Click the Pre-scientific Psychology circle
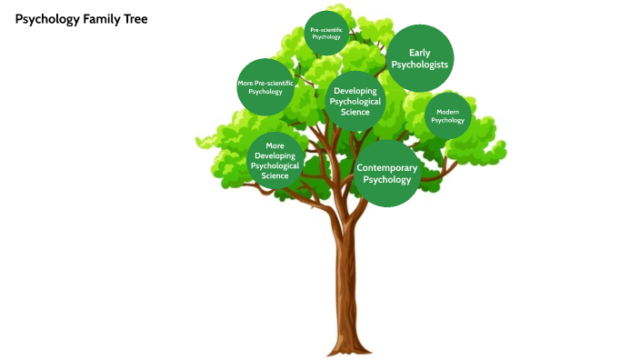point(325,34)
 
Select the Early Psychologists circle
point(419,58)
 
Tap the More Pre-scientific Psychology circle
point(265,87)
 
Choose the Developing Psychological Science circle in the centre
point(355,101)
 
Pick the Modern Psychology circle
point(447,115)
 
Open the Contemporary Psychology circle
point(387,173)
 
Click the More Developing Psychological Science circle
point(275,160)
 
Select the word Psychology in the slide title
point(44,18)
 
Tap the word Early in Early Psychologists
point(419,53)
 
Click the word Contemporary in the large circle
point(387,168)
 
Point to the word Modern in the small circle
point(447,111)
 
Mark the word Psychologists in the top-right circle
point(419,65)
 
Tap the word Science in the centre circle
point(355,112)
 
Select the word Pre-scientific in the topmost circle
point(325,30)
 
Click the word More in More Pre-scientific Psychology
point(245,84)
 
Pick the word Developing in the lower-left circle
point(275,155)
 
